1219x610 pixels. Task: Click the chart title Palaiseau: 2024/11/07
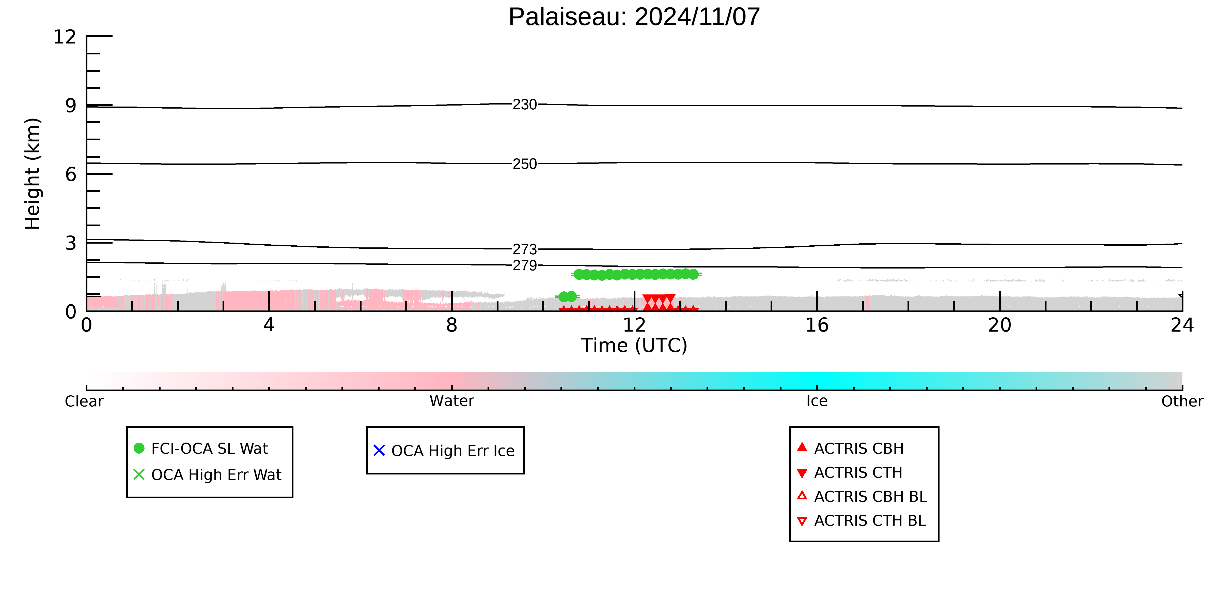pos(634,17)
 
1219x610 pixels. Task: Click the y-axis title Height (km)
pos(33,174)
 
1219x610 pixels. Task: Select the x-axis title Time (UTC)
pos(634,345)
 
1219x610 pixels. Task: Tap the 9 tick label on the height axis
pos(71,106)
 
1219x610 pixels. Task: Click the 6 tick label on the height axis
pos(71,175)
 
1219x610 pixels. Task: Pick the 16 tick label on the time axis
pos(817,325)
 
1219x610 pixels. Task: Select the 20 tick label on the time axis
pos(1000,325)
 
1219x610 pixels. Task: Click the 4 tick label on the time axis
pos(269,325)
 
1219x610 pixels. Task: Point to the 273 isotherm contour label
pos(525,249)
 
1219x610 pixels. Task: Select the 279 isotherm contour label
pos(525,265)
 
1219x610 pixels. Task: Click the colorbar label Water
pos(452,401)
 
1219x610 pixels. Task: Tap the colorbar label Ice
pos(817,401)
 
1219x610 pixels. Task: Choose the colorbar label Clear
pos(84,401)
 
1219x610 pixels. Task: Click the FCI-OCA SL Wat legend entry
pos(201,449)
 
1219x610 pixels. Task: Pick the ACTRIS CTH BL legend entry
pos(861,521)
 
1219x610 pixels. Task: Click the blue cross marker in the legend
pos(379,450)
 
